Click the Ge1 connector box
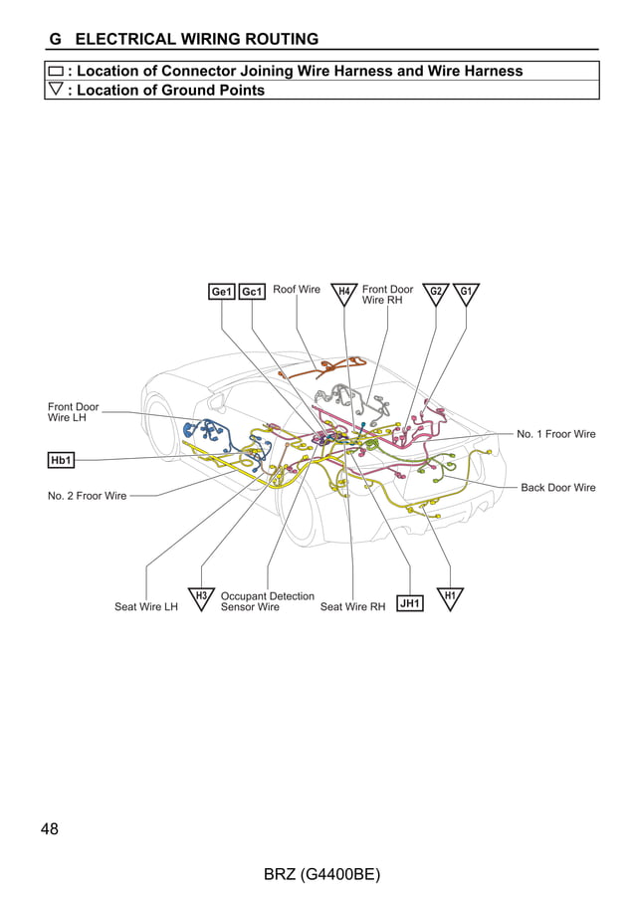pyautogui.click(x=221, y=292)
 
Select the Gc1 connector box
pyautogui.click(x=252, y=292)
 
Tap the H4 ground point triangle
pyautogui.click(x=344, y=293)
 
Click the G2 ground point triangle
pyautogui.click(x=435, y=293)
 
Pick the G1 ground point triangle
pyautogui.click(x=466, y=293)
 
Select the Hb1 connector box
pyautogui.click(x=62, y=460)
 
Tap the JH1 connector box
pyautogui.click(x=410, y=603)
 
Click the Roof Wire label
pyautogui.click(x=297, y=290)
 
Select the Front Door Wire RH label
pyautogui.click(x=387, y=295)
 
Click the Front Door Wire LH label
pyautogui.click(x=74, y=412)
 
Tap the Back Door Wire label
pyautogui.click(x=558, y=488)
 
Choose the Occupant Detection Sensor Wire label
pyautogui.click(x=267, y=601)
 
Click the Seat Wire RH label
pyautogui.click(x=352, y=607)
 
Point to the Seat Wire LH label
pyautogui.click(x=146, y=607)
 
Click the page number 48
pyautogui.click(x=50, y=829)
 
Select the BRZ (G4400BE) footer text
pyautogui.click(x=322, y=875)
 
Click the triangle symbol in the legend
pyautogui.click(x=56, y=90)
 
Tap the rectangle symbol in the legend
pyautogui.click(x=56, y=72)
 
